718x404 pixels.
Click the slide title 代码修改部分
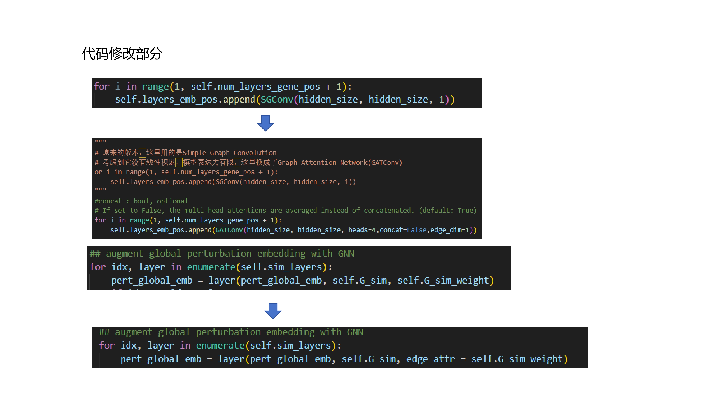tap(122, 54)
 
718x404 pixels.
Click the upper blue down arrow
tap(265, 123)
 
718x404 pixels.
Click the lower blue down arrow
tap(273, 311)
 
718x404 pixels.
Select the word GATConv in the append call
tap(229, 230)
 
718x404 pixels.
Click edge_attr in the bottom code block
tap(430, 359)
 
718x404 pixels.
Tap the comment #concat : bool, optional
tap(141, 201)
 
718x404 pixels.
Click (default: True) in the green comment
tap(448, 210)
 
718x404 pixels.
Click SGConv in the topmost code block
tap(277, 99)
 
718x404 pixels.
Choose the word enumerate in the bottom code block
tap(220, 346)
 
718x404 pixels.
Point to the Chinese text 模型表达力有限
tap(208, 162)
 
